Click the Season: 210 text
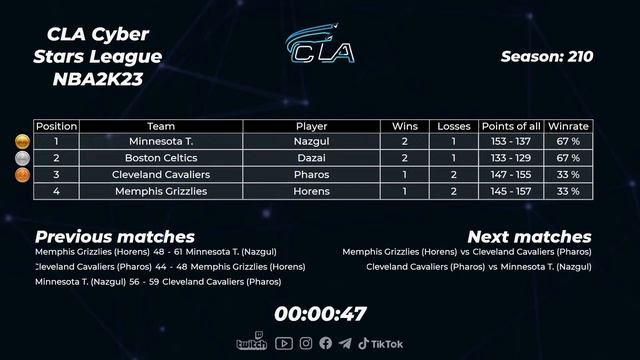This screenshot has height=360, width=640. tap(546, 57)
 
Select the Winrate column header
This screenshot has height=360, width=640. tap(568, 126)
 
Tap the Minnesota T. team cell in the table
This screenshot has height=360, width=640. tap(161, 142)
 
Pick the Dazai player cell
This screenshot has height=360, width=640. tap(311, 158)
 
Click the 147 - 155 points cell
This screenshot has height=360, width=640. tap(511, 174)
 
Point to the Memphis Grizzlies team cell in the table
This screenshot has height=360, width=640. tap(161, 190)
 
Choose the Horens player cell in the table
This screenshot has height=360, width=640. tap(311, 190)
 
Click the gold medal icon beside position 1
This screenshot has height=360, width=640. tap(21, 142)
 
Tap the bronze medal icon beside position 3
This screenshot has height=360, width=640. tap(21, 174)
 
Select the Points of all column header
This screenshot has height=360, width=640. tap(511, 126)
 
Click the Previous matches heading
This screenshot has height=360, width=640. tap(115, 237)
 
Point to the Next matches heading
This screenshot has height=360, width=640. tap(529, 237)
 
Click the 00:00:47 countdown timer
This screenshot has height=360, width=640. tap(320, 313)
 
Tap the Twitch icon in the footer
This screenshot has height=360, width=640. tap(251, 343)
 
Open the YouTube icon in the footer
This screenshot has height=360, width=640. tap(284, 343)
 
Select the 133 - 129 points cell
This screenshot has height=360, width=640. tap(511, 158)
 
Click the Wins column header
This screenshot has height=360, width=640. tap(404, 126)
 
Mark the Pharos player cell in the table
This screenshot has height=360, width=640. tap(311, 174)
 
